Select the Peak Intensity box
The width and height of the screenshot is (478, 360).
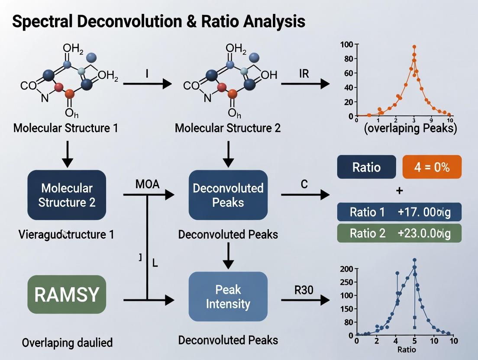[228, 296]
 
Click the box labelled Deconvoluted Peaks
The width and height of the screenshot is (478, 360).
[228, 195]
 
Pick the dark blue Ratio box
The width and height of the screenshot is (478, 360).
[366, 167]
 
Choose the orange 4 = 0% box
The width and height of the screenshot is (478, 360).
[432, 167]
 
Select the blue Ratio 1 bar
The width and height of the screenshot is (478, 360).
[399, 212]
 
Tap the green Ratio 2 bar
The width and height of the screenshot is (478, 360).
[399, 233]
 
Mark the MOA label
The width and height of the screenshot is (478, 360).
[147, 185]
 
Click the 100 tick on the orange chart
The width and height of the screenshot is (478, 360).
[346, 44]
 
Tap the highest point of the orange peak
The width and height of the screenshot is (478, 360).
[414, 47]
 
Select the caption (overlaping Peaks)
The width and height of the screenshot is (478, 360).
[410, 129]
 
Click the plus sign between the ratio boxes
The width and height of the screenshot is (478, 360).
[399, 190]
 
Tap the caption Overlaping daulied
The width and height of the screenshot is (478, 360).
[67, 343]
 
